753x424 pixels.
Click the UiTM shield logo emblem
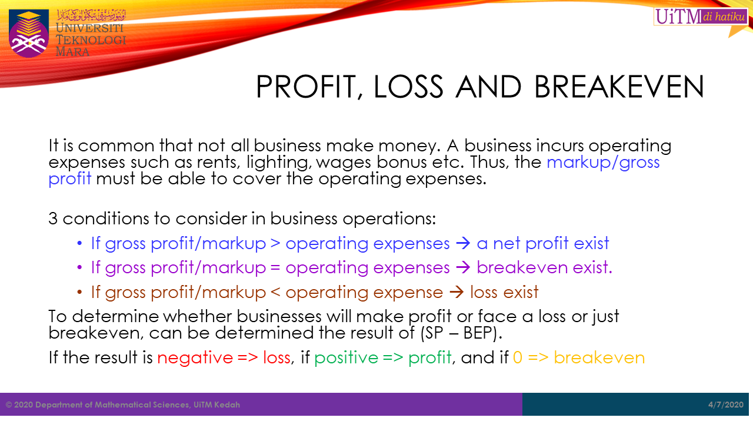(x=29, y=34)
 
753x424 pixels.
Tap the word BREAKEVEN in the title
(x=619, y=87)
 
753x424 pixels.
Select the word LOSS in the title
(x=408, y=87)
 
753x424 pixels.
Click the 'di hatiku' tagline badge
(x=724, y=16)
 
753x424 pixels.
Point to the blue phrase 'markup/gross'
(x=603, y=163)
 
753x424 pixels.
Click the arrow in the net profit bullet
(x=463, y=243)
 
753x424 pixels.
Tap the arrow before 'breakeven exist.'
(x=463, y=268)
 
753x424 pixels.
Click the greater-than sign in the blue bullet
(x=275, y=244)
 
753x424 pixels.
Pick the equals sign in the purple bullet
(x=275, y=268)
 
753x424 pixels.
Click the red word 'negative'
(x=195, y=357)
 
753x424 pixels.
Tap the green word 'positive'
(x=346, y=357)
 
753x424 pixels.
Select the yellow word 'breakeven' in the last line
(x=599, y=357)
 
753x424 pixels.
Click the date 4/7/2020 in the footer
(x=726, y=405)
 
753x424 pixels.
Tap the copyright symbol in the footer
(x=9, y=405)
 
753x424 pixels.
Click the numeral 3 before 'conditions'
(x=53, y=218)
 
